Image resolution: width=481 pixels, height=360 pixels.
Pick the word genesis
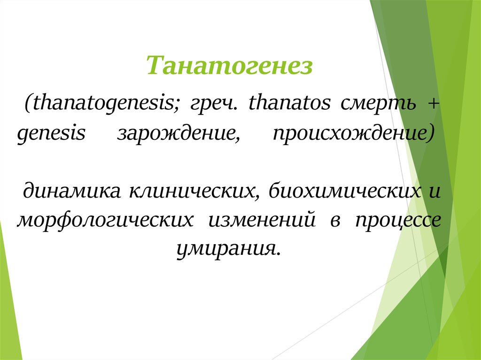coord(51,134)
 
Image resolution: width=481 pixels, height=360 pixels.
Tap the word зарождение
coord(176,134)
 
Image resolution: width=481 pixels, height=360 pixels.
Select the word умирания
coord(229,247)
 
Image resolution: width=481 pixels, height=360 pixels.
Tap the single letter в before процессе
coord(334,220)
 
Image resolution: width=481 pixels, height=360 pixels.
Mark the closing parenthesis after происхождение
coord(431,134)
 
